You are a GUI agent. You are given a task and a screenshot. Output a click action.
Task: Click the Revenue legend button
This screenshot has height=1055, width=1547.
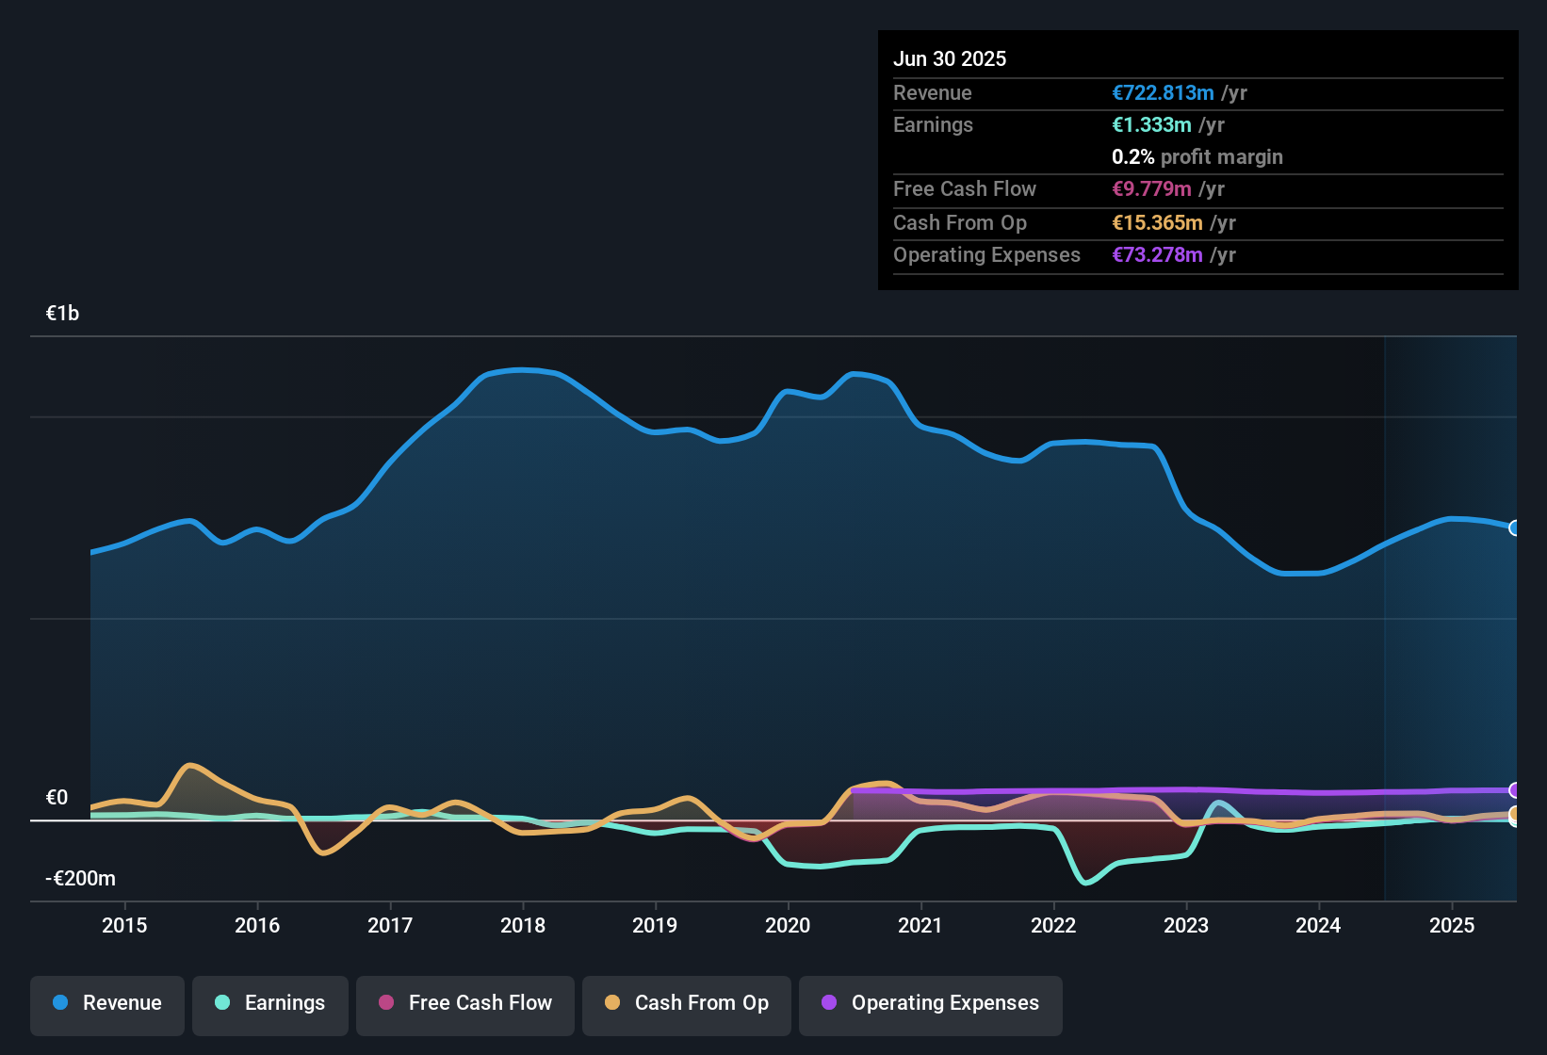(x=107, y=1003)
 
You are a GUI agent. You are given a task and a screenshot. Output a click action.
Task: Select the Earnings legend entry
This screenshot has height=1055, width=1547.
(x=270, y=1003)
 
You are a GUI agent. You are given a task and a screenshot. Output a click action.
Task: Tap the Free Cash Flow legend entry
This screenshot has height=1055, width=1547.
(x=465, y=1003)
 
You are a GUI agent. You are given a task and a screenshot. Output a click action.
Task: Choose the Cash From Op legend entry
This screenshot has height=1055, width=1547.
(x=687, y=1003)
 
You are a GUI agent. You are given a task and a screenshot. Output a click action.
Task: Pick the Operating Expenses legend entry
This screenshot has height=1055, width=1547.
(x=931, y=1003)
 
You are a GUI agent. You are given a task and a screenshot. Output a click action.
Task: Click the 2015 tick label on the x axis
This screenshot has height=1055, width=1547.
(x=124, y=926)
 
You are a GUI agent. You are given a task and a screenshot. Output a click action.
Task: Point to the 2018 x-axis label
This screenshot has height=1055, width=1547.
(x=523, y=926)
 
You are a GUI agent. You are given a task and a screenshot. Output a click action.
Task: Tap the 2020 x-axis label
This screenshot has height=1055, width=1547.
(x=788, y=926)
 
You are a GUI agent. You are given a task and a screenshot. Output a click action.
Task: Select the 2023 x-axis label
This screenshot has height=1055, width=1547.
(x=1186, y=926)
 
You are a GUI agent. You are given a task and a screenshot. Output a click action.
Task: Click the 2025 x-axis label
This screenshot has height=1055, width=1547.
(x=1452, y=926)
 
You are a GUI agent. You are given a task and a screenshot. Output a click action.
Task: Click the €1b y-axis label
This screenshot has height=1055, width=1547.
(x=63, y=314)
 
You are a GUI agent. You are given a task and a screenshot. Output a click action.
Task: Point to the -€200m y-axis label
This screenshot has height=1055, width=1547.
(x=81, y=879)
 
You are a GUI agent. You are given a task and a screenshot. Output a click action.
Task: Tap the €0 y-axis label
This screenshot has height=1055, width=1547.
(x=57, y=798)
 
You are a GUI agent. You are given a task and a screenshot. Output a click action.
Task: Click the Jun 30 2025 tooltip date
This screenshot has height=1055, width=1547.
(x=950, y=59)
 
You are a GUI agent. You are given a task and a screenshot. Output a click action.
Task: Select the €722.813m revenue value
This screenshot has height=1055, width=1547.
(x=1163, y=93)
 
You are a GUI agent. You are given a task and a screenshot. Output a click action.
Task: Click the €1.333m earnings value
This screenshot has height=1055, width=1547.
(x=1151, y=125)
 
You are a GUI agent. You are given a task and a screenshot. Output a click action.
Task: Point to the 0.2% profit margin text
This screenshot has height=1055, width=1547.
(x=1197, y=157)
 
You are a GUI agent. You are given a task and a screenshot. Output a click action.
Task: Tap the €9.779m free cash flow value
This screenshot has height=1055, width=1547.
(x=1151, y=189)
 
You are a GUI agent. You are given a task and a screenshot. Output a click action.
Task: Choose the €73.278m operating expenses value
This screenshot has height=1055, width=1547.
(x=1157, y=255)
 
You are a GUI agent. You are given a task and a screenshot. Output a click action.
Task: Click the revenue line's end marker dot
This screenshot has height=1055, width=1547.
(x=1514, y=528)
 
